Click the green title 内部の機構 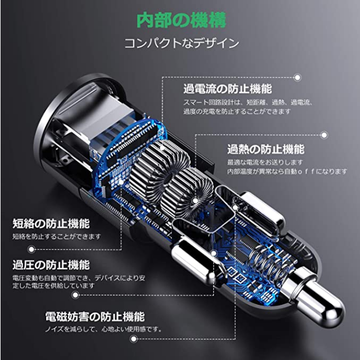(181, 20)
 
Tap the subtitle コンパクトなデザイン (182, 43)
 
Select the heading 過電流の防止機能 (228, 89)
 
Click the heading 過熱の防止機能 (266, 149)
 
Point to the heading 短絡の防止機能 (51, 223)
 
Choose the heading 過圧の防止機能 (51, 265)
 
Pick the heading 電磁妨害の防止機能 (95, 317)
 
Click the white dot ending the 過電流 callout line (297, 77)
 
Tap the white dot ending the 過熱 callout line (324, 135)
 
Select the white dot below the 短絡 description (31, 249)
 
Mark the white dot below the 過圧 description (75, 295)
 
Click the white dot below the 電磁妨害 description (134, 339)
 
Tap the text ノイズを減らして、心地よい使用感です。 (103, 329)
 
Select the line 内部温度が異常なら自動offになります (287, 171)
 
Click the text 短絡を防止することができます (57, 236)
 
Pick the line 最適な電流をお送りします (265, 162)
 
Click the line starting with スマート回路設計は (248, 102)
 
